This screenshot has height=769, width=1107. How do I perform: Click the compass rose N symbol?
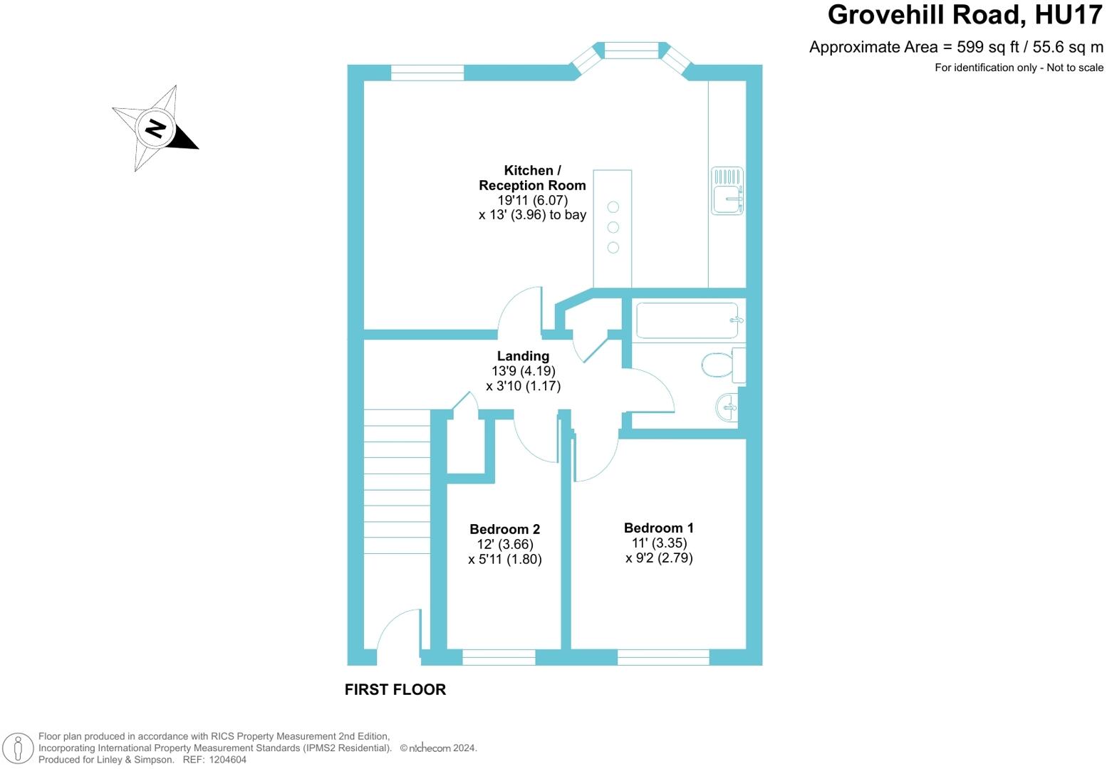155,128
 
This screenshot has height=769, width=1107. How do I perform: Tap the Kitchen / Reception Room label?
532,178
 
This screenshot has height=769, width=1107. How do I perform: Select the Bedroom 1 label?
659,528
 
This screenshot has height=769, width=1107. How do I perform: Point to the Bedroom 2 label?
504,530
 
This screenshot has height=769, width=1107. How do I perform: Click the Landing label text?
523,356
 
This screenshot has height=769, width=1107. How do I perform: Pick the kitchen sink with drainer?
727,191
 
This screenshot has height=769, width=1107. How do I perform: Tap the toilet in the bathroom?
724,365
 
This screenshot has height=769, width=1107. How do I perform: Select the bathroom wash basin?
727,407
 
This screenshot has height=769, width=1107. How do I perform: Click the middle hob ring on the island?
613,227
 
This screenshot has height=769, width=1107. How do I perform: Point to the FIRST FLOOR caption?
395,689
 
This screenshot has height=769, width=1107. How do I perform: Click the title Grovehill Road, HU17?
965,15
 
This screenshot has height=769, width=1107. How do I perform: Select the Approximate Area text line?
956,48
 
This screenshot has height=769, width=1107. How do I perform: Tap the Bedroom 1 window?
663,657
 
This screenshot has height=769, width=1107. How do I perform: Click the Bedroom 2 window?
499,657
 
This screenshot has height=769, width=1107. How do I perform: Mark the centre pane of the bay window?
632,51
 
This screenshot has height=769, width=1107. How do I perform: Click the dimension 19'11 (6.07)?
532,201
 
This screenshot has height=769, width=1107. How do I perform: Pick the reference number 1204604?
227,760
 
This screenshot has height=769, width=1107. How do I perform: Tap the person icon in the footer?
18,748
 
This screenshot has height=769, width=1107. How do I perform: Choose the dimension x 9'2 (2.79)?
659,558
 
